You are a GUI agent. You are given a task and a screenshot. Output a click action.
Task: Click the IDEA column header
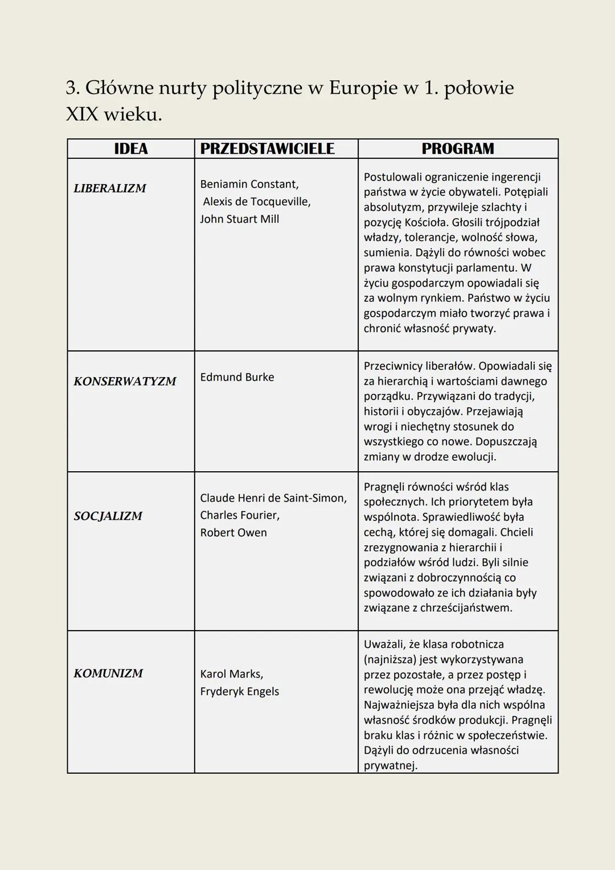[130, 149]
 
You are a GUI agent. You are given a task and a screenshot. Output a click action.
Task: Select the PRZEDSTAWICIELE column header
[267, 149]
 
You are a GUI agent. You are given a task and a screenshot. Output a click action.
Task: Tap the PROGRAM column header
[458, 149]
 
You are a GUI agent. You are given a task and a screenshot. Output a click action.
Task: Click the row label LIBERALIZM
[110, 188]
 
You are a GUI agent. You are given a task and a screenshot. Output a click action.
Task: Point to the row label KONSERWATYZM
[125, 381]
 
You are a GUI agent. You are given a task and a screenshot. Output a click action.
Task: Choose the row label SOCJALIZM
[108, 516]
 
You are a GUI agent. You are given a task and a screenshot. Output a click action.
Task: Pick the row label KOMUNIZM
[108, 673]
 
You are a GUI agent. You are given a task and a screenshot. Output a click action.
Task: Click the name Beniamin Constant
[249, 184]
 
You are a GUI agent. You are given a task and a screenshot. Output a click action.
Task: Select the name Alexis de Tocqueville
[257, 202]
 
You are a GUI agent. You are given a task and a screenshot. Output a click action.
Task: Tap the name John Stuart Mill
[239, 219]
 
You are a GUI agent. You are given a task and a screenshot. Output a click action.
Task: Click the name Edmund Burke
[237, 377]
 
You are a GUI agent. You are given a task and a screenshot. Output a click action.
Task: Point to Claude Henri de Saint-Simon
[273, 498]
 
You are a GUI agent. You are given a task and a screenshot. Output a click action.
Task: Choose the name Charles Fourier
[239, 515]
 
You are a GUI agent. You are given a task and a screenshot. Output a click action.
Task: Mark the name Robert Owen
[233, 533]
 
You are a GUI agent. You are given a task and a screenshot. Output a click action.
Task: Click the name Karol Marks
[231, 674]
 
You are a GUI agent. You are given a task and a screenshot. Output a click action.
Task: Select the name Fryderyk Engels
[239, 692]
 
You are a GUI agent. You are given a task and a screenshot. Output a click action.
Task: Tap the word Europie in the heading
[363, 88]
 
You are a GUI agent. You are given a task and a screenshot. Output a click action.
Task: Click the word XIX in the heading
[82, 115]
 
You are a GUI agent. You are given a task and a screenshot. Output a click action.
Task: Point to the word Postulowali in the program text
[392, 177]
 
